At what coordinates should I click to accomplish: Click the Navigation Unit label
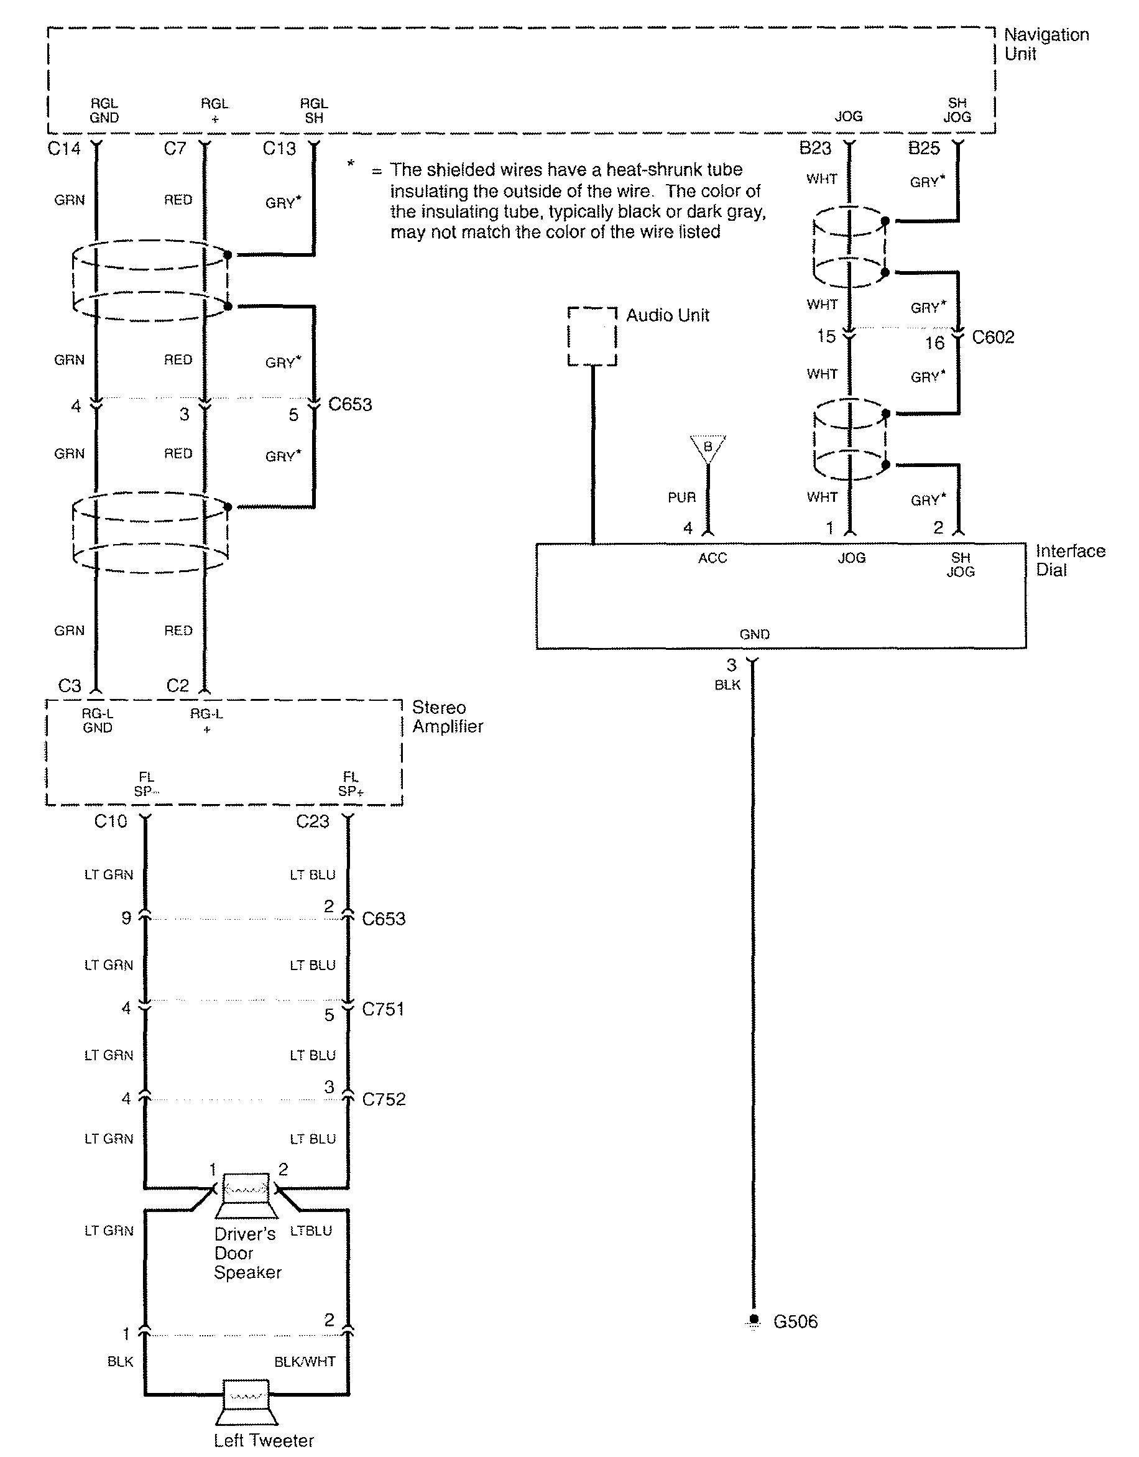coord(1046,44)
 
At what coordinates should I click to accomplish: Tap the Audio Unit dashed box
coord(591,336)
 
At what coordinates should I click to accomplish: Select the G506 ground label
coord(795,1321)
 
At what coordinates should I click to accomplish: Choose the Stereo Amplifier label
coord(447,716)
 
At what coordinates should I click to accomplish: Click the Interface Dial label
coord(1069,560)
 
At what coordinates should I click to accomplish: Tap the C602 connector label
coord(992,337)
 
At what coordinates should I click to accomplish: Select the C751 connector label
coord(383,1009)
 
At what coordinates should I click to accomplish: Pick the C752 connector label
coord(384,1099)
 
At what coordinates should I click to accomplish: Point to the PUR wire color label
coord(681,497)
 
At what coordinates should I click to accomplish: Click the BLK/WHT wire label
coord(305,1362)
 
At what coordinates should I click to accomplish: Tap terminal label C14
coord(64,148)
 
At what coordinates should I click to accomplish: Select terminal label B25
coord(924,148)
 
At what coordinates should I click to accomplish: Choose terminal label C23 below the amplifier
coord(313,821)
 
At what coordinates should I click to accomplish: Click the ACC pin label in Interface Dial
coord(712,558)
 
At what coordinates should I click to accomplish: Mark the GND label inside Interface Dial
coord(754,634)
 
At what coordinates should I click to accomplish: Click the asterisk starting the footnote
coord(351,164)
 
